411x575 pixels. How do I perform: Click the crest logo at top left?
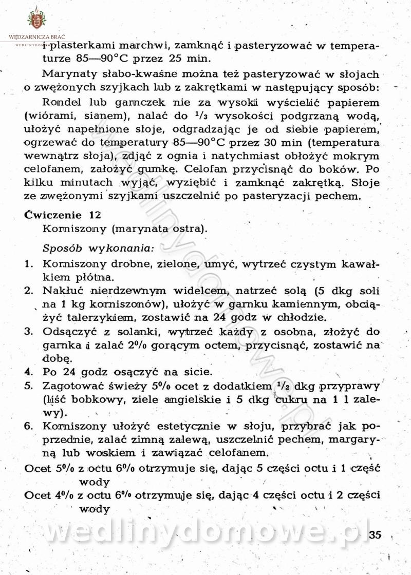coord(36,19)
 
